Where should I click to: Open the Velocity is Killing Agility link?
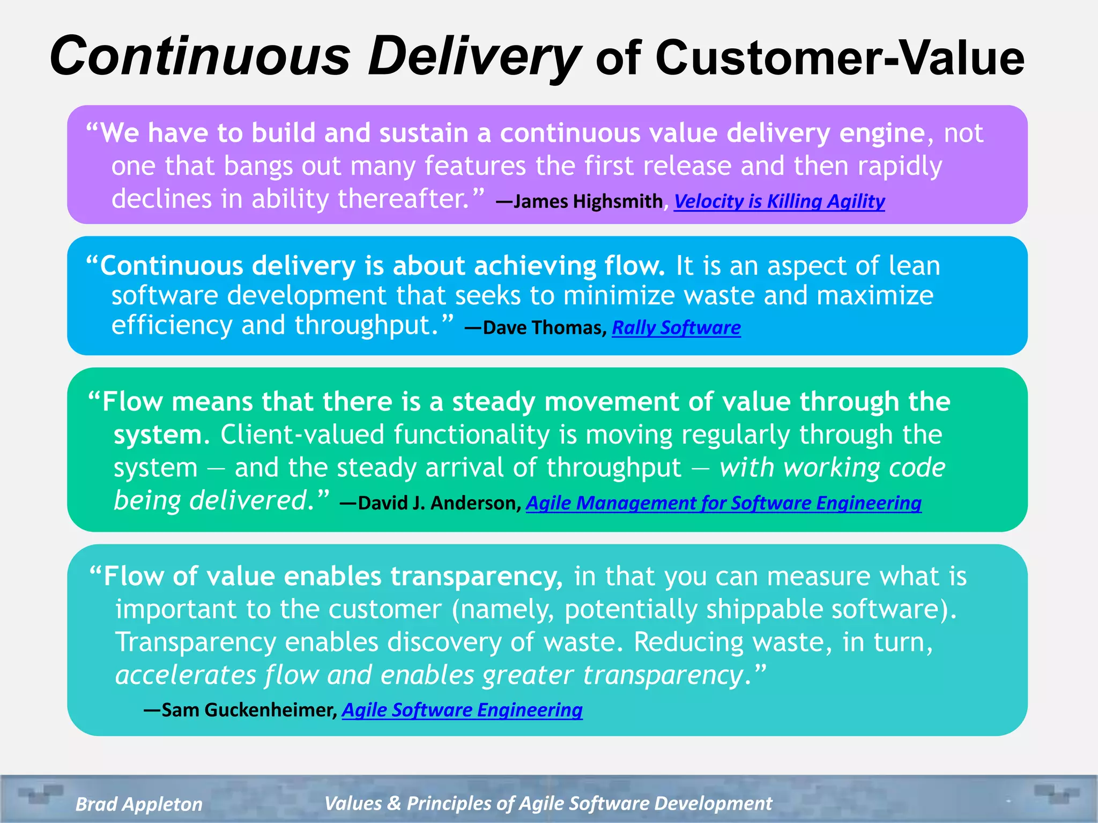779,201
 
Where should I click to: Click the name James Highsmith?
588,201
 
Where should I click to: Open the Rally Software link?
676,327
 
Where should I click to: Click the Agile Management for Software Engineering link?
723,503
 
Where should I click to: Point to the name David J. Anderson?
438,503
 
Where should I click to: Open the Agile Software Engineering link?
462,709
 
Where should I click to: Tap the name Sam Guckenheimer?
248,709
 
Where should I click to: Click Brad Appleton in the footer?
139,804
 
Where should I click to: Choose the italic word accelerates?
186,675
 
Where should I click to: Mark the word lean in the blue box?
914,266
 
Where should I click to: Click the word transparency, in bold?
476,577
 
